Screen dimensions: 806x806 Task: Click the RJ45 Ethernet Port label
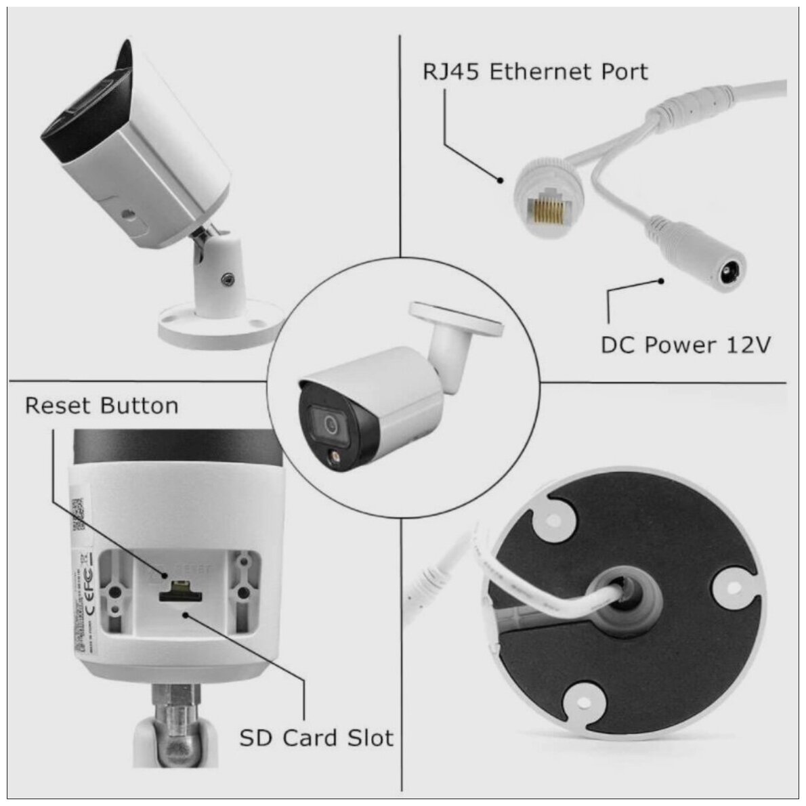(535, 71)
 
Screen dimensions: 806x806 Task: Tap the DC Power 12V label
(685, 345)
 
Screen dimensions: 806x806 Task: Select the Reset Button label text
(102, 406)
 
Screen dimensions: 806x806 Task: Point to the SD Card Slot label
(316, 737)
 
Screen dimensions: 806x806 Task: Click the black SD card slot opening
(180, 596)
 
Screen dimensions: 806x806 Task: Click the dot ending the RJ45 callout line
(501, 180)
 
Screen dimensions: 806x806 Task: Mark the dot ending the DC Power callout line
(662, 280)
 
